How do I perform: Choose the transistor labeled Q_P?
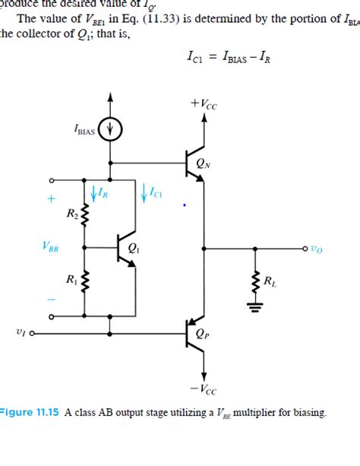pos(195,333)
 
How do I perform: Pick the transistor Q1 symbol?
pos(125,248)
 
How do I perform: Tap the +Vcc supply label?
pos(204,103)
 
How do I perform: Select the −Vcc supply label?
pos(204,391)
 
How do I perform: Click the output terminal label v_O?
pos(314,248)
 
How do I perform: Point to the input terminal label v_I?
pos(21,331)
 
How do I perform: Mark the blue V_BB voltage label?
pos(52,246)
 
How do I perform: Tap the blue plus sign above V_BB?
pos(52,199)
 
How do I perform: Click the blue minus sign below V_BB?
pos(52,300)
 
